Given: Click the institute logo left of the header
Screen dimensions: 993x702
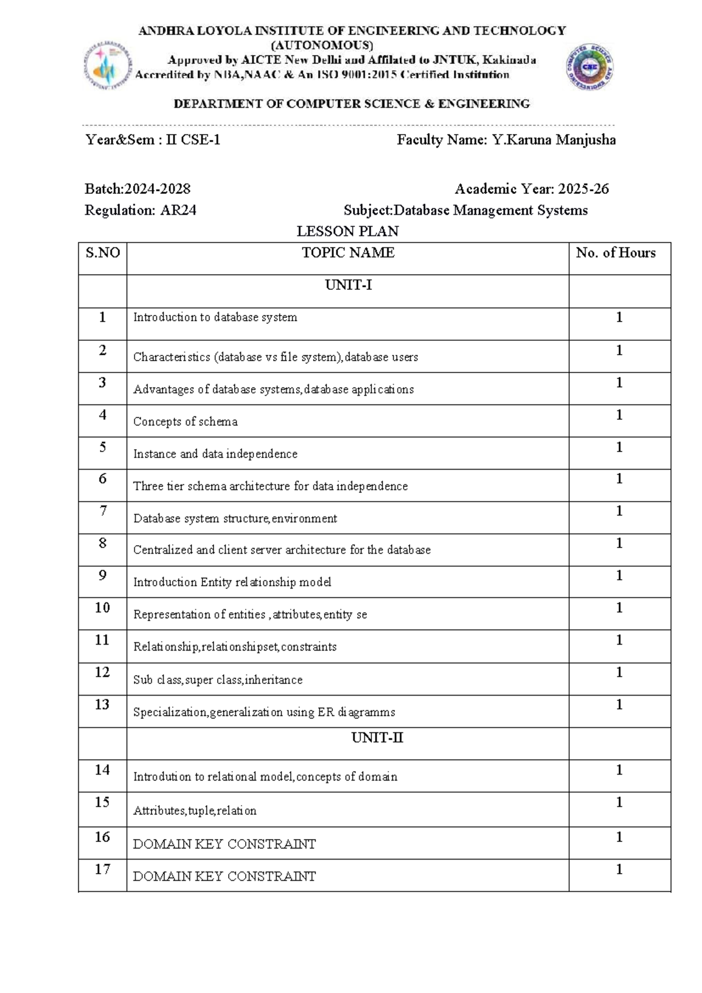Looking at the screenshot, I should (106, 66).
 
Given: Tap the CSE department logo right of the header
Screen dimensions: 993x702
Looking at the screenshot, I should (589, 67).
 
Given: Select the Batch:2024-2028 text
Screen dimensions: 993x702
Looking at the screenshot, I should (137, 189).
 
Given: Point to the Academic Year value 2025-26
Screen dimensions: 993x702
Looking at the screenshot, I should (583, 189).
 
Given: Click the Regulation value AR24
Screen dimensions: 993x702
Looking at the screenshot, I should (178, 210).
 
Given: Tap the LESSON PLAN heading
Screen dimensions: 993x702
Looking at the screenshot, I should (347, 231).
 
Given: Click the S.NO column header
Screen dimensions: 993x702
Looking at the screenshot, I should (102, 253).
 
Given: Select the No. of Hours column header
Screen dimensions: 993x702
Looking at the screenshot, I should (615, 253).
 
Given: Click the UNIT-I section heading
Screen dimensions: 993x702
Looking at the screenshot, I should (348, 285).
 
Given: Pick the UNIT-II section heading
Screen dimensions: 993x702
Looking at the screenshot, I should (377, 738).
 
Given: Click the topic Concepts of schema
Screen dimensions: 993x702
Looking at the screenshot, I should (185, 422).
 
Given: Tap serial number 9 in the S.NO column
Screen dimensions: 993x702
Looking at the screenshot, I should (102, 576).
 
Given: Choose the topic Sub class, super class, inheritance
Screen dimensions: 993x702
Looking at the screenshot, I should (218, 680).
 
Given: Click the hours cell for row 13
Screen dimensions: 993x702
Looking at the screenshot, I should (619, 704).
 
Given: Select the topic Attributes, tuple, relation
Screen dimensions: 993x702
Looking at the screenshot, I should (195, 811).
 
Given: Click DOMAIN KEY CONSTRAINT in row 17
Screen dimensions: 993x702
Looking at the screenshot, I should (224, 876).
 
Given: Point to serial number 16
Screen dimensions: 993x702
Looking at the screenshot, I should (102, 837).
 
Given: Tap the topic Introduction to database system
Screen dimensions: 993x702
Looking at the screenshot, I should (215, 317).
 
